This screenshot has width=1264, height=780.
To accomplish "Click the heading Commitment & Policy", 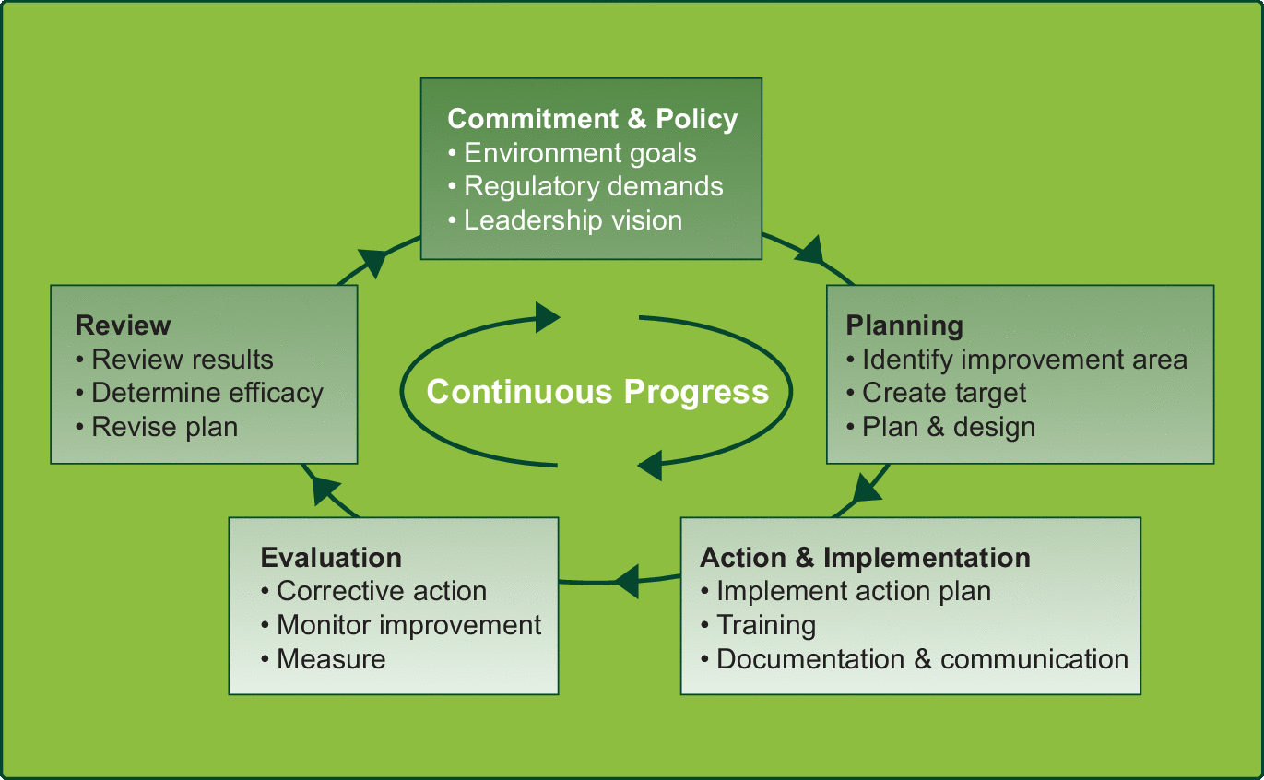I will [592, 119].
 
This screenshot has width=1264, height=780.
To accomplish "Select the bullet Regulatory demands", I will [593, 186].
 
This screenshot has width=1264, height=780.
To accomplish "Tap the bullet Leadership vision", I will [572, 220].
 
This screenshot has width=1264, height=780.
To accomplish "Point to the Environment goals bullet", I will [579, 152].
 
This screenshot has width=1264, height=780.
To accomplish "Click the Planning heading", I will [904, 325].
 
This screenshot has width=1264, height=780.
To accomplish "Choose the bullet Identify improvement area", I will [1023, 360].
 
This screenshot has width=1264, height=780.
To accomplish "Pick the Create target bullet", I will [943, 393].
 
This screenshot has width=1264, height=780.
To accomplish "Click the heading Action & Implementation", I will [865, 558].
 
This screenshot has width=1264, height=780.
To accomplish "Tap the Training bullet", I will [765, 625].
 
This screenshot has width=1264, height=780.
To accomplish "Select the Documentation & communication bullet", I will [922, 659].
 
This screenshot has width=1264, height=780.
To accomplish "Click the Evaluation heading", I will [331, 558].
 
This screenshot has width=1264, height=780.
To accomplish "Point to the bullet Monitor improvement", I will [408, 625].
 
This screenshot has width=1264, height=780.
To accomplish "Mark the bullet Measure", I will [330, 659].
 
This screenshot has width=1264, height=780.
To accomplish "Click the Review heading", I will [123, 325].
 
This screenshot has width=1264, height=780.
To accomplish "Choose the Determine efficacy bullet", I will [207, 393].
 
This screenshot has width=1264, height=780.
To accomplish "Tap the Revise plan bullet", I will [164, 427].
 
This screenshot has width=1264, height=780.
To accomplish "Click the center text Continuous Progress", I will [597, 392].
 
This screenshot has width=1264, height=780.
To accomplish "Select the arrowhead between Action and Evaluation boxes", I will [627, 581].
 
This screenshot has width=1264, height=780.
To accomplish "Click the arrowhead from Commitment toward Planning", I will [809, 249].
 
